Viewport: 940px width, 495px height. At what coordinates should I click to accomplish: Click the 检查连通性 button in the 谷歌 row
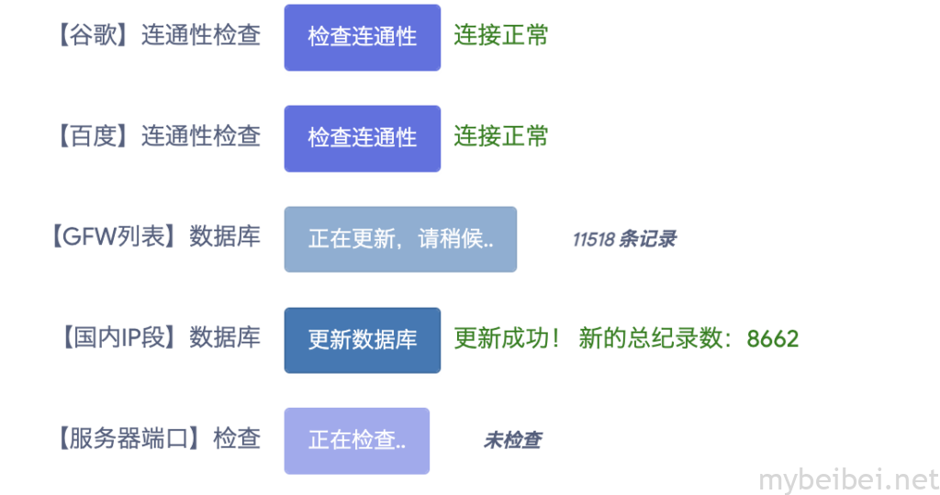[x=362, y=38]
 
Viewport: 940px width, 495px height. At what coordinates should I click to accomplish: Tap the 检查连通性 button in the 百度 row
[x=362, y=139]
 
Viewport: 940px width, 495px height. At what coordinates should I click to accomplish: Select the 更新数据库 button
[x=362, y=340]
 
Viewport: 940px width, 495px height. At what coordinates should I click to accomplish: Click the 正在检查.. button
[x=357, y=441]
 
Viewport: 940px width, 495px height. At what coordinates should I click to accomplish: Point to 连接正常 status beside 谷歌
[x=501, y=36]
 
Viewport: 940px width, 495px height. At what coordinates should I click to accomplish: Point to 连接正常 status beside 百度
[x=501, y=136]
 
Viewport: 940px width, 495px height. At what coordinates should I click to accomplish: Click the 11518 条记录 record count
[x=624, y=240]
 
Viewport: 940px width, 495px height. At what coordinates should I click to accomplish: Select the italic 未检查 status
[x=512, y=441]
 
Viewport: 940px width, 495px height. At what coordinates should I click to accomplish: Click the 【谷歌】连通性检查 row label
[x=158, y=36]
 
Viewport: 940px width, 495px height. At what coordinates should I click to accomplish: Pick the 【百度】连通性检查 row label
[x=158, y=136]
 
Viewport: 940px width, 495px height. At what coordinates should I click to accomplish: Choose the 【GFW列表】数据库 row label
[x=154, y=236]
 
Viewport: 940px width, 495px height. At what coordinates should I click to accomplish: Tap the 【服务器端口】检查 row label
[x=158, y=439]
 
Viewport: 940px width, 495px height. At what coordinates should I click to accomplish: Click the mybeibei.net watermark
[x=848, y=480]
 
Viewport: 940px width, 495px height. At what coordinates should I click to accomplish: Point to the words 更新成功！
[x=507, y=339]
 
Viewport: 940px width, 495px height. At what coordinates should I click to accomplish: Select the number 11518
[x=594, y=240]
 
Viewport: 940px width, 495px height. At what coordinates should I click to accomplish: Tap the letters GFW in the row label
[x=89, y=237]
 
